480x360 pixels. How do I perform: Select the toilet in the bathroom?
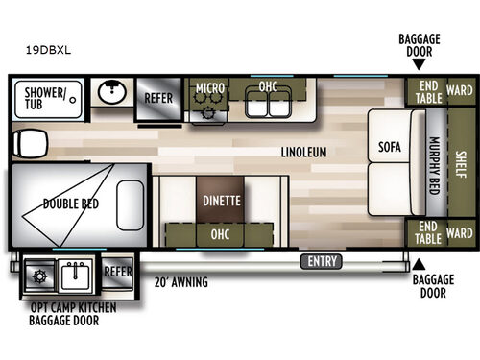(27, 145)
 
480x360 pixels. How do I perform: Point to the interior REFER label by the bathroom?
(158, 97)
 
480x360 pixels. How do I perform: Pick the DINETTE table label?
(221, 201)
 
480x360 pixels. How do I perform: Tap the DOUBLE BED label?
(67, 203)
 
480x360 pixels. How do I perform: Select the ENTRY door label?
(320, 261)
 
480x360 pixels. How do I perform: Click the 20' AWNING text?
(180, 282)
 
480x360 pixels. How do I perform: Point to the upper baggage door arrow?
(418, 64)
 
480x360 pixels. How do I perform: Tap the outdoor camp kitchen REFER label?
(117, 271)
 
